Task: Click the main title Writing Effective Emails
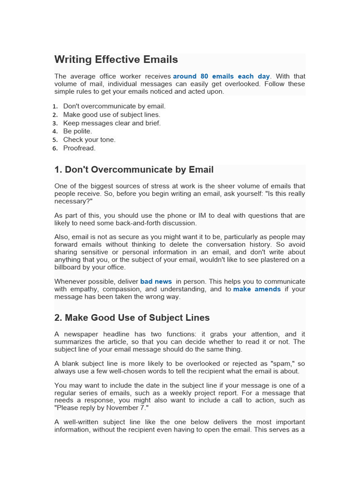[x=116, y=60]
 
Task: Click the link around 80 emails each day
[x=221, y=76]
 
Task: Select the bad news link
[x=156, y=282]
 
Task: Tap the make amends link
[x=257, y=289]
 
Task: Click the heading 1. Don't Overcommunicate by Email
[x=134, y=170]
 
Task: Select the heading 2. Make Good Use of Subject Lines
[x=132, y=318]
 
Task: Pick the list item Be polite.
[x=77, y=131]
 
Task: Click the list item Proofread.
[x=79, y=148]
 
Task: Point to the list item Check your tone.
[x=89, y=140]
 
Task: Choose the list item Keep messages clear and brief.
[x=112, y=123]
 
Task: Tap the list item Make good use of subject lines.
[x=112, y=114]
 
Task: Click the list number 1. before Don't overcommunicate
[x=55, y=106]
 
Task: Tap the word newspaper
[x=82, y=334]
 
